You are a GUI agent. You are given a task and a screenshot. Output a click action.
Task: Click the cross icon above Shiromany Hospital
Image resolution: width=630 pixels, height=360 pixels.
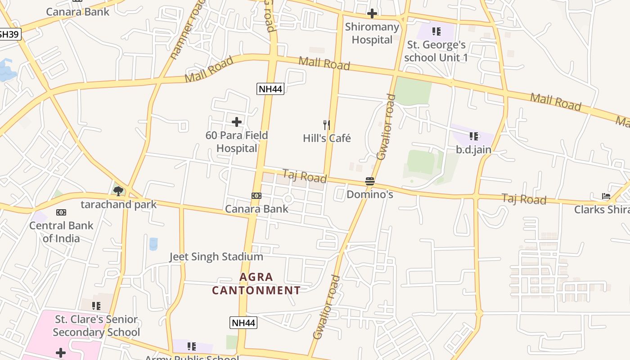tap(372, 13)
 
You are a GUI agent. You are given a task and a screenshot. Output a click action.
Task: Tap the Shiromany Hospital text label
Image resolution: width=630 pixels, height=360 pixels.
tap(372, 33)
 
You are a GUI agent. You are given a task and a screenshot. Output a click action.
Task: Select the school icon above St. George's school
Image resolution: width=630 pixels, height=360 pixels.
tap(436, 31)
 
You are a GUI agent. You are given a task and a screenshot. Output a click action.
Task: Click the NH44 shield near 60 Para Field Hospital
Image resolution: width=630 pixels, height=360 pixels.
tap(270, 89)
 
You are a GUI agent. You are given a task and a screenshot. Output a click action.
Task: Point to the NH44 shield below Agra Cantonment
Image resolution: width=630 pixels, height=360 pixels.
tap(243, 322)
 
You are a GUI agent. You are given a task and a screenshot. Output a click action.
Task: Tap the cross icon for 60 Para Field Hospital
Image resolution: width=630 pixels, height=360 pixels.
tap(236, 121)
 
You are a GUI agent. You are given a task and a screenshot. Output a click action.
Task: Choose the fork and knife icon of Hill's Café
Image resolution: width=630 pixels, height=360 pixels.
tap(327, 125)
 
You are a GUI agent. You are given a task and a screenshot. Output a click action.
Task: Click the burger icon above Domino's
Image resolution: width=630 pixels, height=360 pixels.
tap(369, 181)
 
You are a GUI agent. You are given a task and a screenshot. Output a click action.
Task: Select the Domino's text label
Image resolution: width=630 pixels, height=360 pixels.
tap(369, 194)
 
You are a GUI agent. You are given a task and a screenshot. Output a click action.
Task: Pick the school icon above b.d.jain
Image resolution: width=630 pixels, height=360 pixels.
tap(473, 136)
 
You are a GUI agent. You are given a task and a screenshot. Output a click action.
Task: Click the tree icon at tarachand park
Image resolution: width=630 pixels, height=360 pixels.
tap(118, 191)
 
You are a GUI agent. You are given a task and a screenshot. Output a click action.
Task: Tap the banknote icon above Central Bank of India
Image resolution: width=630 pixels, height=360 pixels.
tap(61, 212)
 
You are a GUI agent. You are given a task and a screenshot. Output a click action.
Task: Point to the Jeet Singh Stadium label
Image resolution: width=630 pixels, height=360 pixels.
tap(216, 256)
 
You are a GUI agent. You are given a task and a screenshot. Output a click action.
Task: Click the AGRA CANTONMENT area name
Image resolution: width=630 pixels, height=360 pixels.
tap(256, 283)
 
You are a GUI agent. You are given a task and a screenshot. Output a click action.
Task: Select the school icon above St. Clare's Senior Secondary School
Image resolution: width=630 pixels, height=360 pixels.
tap(96, 306)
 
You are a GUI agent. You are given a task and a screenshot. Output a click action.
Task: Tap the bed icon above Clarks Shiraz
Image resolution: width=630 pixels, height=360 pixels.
tap(606, 196)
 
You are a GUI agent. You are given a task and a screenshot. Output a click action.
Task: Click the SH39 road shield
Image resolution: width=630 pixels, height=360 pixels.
tap(9, 34)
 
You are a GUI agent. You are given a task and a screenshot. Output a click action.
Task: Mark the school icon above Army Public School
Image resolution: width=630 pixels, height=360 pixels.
tap(192, 346)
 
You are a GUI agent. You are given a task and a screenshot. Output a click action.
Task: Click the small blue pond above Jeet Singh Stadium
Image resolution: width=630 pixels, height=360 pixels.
tap(153, 243)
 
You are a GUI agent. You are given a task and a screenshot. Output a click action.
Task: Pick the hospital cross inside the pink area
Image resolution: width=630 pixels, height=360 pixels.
tap(61, 352)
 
